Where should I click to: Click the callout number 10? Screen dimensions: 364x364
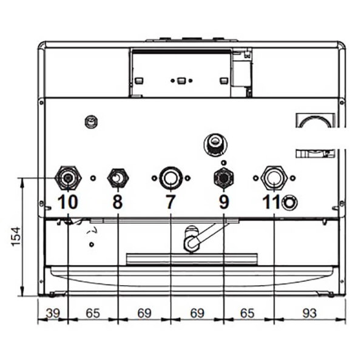tap(67, 202)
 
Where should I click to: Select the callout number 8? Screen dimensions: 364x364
tap(118, 202)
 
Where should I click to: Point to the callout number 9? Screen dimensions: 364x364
tap(224, 202)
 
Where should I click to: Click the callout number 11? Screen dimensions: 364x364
tap(271, 202)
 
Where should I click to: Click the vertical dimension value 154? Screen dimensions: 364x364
tap(16, 237)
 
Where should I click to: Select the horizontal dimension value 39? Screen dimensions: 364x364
tap(53, 313)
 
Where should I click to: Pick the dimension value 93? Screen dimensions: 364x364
tap(309, 313)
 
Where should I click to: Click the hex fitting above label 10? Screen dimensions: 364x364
tap(68, 178)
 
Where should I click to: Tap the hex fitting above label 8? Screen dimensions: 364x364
tap(118, 178)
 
